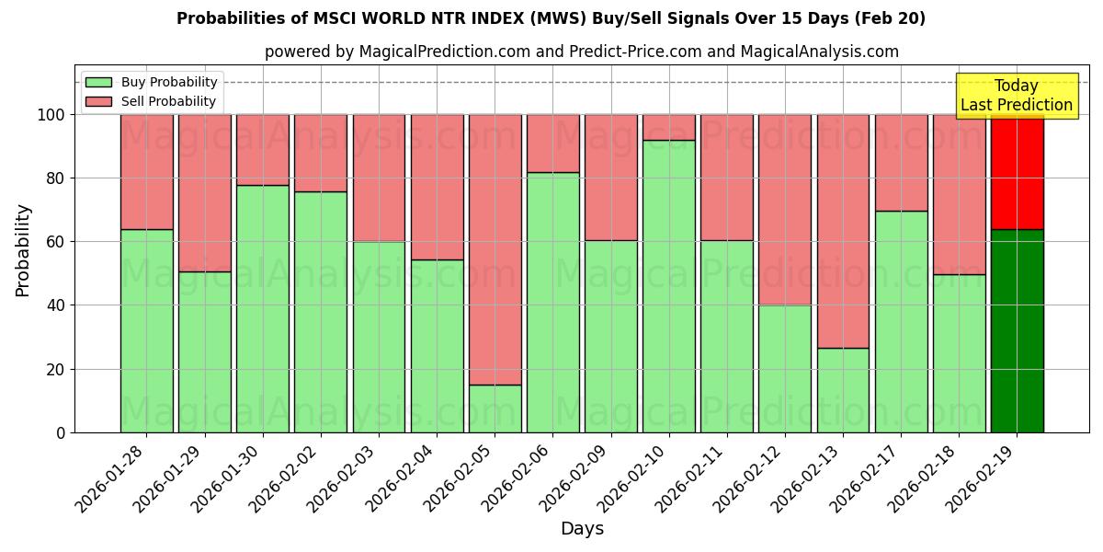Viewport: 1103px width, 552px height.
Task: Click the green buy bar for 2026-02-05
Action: (x=495, y=408)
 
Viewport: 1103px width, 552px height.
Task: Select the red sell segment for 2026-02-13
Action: (x=843, y=231)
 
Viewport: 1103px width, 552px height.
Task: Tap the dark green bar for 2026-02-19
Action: (x=1017, y=331)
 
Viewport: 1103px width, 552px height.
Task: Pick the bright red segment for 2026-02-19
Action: (x=1017, y=172)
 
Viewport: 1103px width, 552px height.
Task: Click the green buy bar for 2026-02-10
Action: (x=669, y=286)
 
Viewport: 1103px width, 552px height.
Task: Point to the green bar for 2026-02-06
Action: (x=552, y=302)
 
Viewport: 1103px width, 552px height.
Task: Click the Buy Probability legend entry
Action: (x=150, y=82)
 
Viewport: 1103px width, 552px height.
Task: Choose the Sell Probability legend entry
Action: (x=150, y=101)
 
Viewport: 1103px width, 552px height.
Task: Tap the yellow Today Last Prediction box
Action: (x=1016, y=96)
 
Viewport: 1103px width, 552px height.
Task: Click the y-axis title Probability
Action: (x=23, y=249)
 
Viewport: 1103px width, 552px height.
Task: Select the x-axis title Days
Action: (x=582, y=529)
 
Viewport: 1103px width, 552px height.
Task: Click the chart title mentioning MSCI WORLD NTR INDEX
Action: (x=551, y=18)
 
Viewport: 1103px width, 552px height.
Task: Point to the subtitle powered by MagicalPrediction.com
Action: (x=581, y=52)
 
